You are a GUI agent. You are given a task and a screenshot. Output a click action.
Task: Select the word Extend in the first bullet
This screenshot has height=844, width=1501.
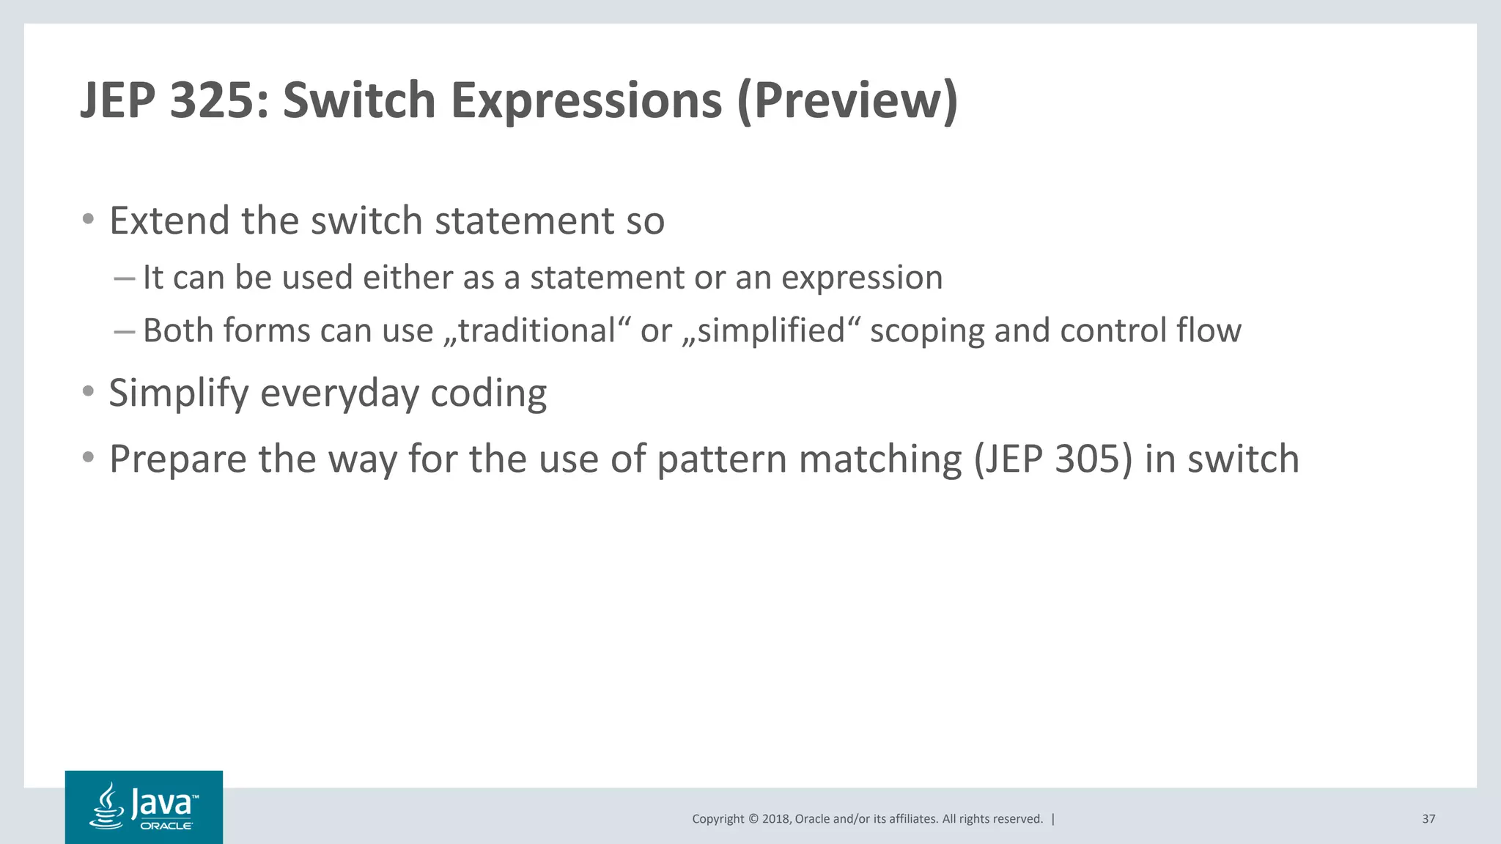[x=169, y=221]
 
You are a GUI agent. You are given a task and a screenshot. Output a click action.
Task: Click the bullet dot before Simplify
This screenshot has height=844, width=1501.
[x=88, y=392]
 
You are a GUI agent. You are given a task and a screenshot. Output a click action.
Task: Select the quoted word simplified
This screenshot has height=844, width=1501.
[x=771, y=330]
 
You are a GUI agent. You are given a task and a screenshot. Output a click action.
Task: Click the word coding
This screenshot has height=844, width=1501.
[x=488, y=394]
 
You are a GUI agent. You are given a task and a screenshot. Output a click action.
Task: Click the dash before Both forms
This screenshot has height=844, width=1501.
[x=125, y=331]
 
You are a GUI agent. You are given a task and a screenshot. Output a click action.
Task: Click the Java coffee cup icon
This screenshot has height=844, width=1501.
[x=107, y=806]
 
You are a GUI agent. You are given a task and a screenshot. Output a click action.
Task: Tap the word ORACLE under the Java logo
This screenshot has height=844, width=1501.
[x=166, y=826]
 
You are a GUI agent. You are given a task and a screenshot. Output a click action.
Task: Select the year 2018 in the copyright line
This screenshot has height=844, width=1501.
[x=775, y=819]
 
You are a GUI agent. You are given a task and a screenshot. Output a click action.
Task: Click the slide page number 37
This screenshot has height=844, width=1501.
[x=1428, y=819]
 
